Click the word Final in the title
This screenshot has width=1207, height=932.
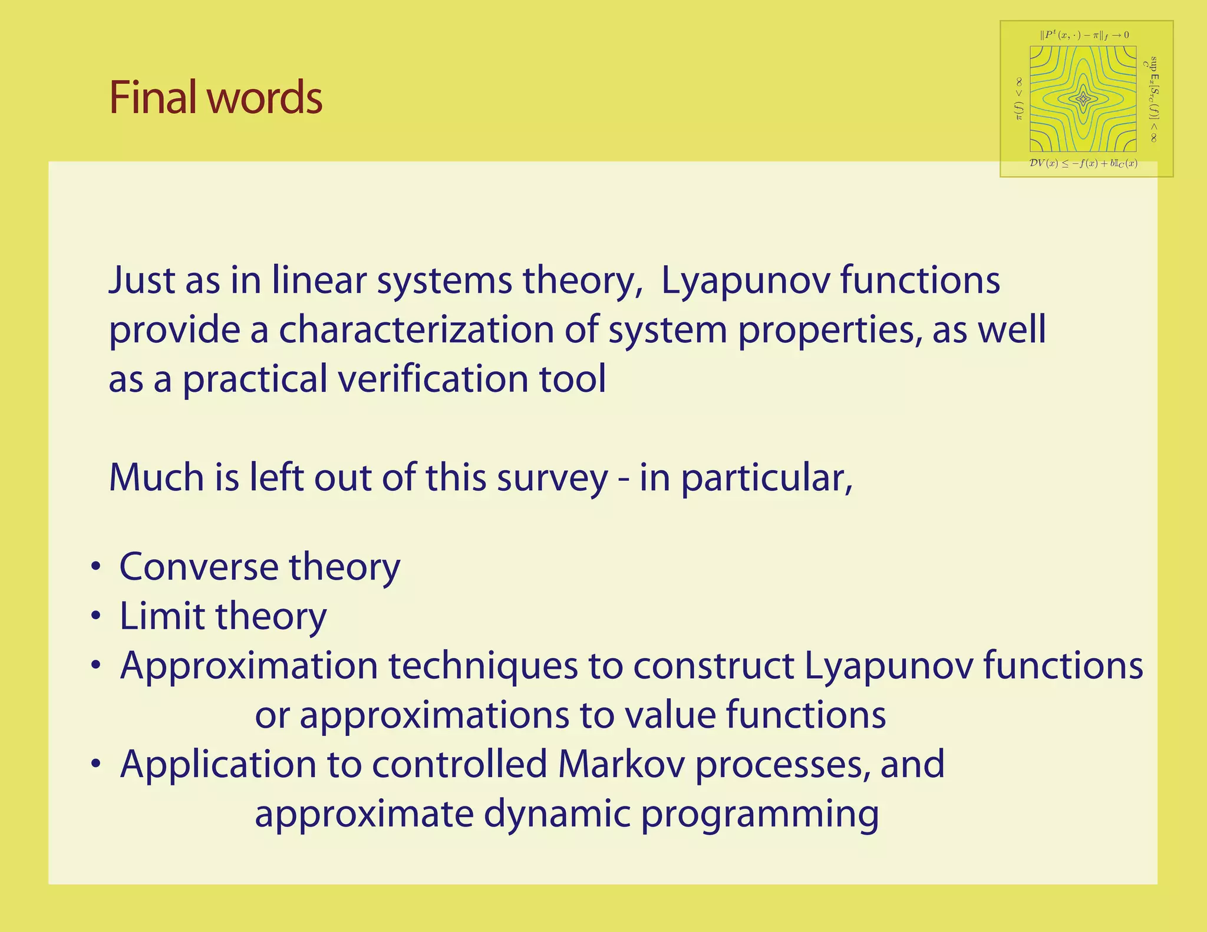155,97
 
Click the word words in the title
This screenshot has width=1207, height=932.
265,97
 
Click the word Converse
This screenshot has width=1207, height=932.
199,567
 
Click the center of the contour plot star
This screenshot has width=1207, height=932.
1083,99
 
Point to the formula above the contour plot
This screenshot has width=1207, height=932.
1084,35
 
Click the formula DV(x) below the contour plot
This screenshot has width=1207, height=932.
1083,163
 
